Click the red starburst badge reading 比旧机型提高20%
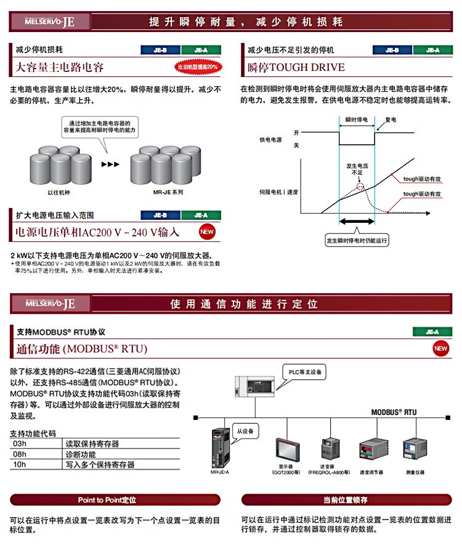[198, 67]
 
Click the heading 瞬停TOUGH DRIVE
[296, 67]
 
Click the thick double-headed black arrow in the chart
[357, 220]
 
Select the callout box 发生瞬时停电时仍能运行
[357, 241]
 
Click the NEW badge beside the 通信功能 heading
[440, 349]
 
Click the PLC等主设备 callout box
[304, 373]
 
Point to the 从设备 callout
[245, 430]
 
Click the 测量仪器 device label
[415, 472]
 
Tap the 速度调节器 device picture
[371, 453]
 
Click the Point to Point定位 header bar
[116, 500]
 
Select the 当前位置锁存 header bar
[345, 500]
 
